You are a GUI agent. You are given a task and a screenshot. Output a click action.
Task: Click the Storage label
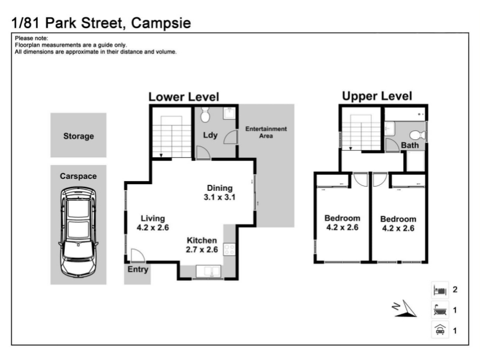(x=79, y=136)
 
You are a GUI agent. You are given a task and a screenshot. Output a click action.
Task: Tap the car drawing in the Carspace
(x=79, y=232)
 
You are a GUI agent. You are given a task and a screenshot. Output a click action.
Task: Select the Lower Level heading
(x=184, y=97)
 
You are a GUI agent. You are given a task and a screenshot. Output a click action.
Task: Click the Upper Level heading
(x=377, y=96)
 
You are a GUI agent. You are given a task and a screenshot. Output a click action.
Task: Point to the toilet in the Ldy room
(x=205, y=115)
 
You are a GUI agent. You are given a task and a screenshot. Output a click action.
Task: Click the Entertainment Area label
(x=266, y=132)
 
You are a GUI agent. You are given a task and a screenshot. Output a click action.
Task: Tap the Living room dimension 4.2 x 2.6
(x=153, y=227)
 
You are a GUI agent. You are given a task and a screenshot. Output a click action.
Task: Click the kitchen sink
(x=208, y=271)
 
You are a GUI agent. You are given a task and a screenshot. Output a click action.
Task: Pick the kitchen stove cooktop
(x=229, y=249)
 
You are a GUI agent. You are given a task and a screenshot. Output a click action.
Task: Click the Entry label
(x=138, y=269)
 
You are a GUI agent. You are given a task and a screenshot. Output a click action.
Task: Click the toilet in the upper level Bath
(x=417, y=134)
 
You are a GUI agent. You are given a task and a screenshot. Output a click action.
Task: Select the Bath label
(x=410, y=145)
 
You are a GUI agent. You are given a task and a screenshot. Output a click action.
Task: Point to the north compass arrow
(x=404, y=308)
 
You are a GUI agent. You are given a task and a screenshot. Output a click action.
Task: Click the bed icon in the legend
(x=440, y=290)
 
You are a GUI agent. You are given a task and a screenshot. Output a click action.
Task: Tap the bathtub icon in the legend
(x=440, y=310)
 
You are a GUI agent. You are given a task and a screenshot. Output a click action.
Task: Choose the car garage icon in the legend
(x=440, y=331)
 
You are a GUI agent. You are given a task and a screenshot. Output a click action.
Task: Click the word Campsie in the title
(x=161, y=23)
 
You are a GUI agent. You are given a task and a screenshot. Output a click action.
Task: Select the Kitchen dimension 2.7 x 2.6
(x=202, y=250)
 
